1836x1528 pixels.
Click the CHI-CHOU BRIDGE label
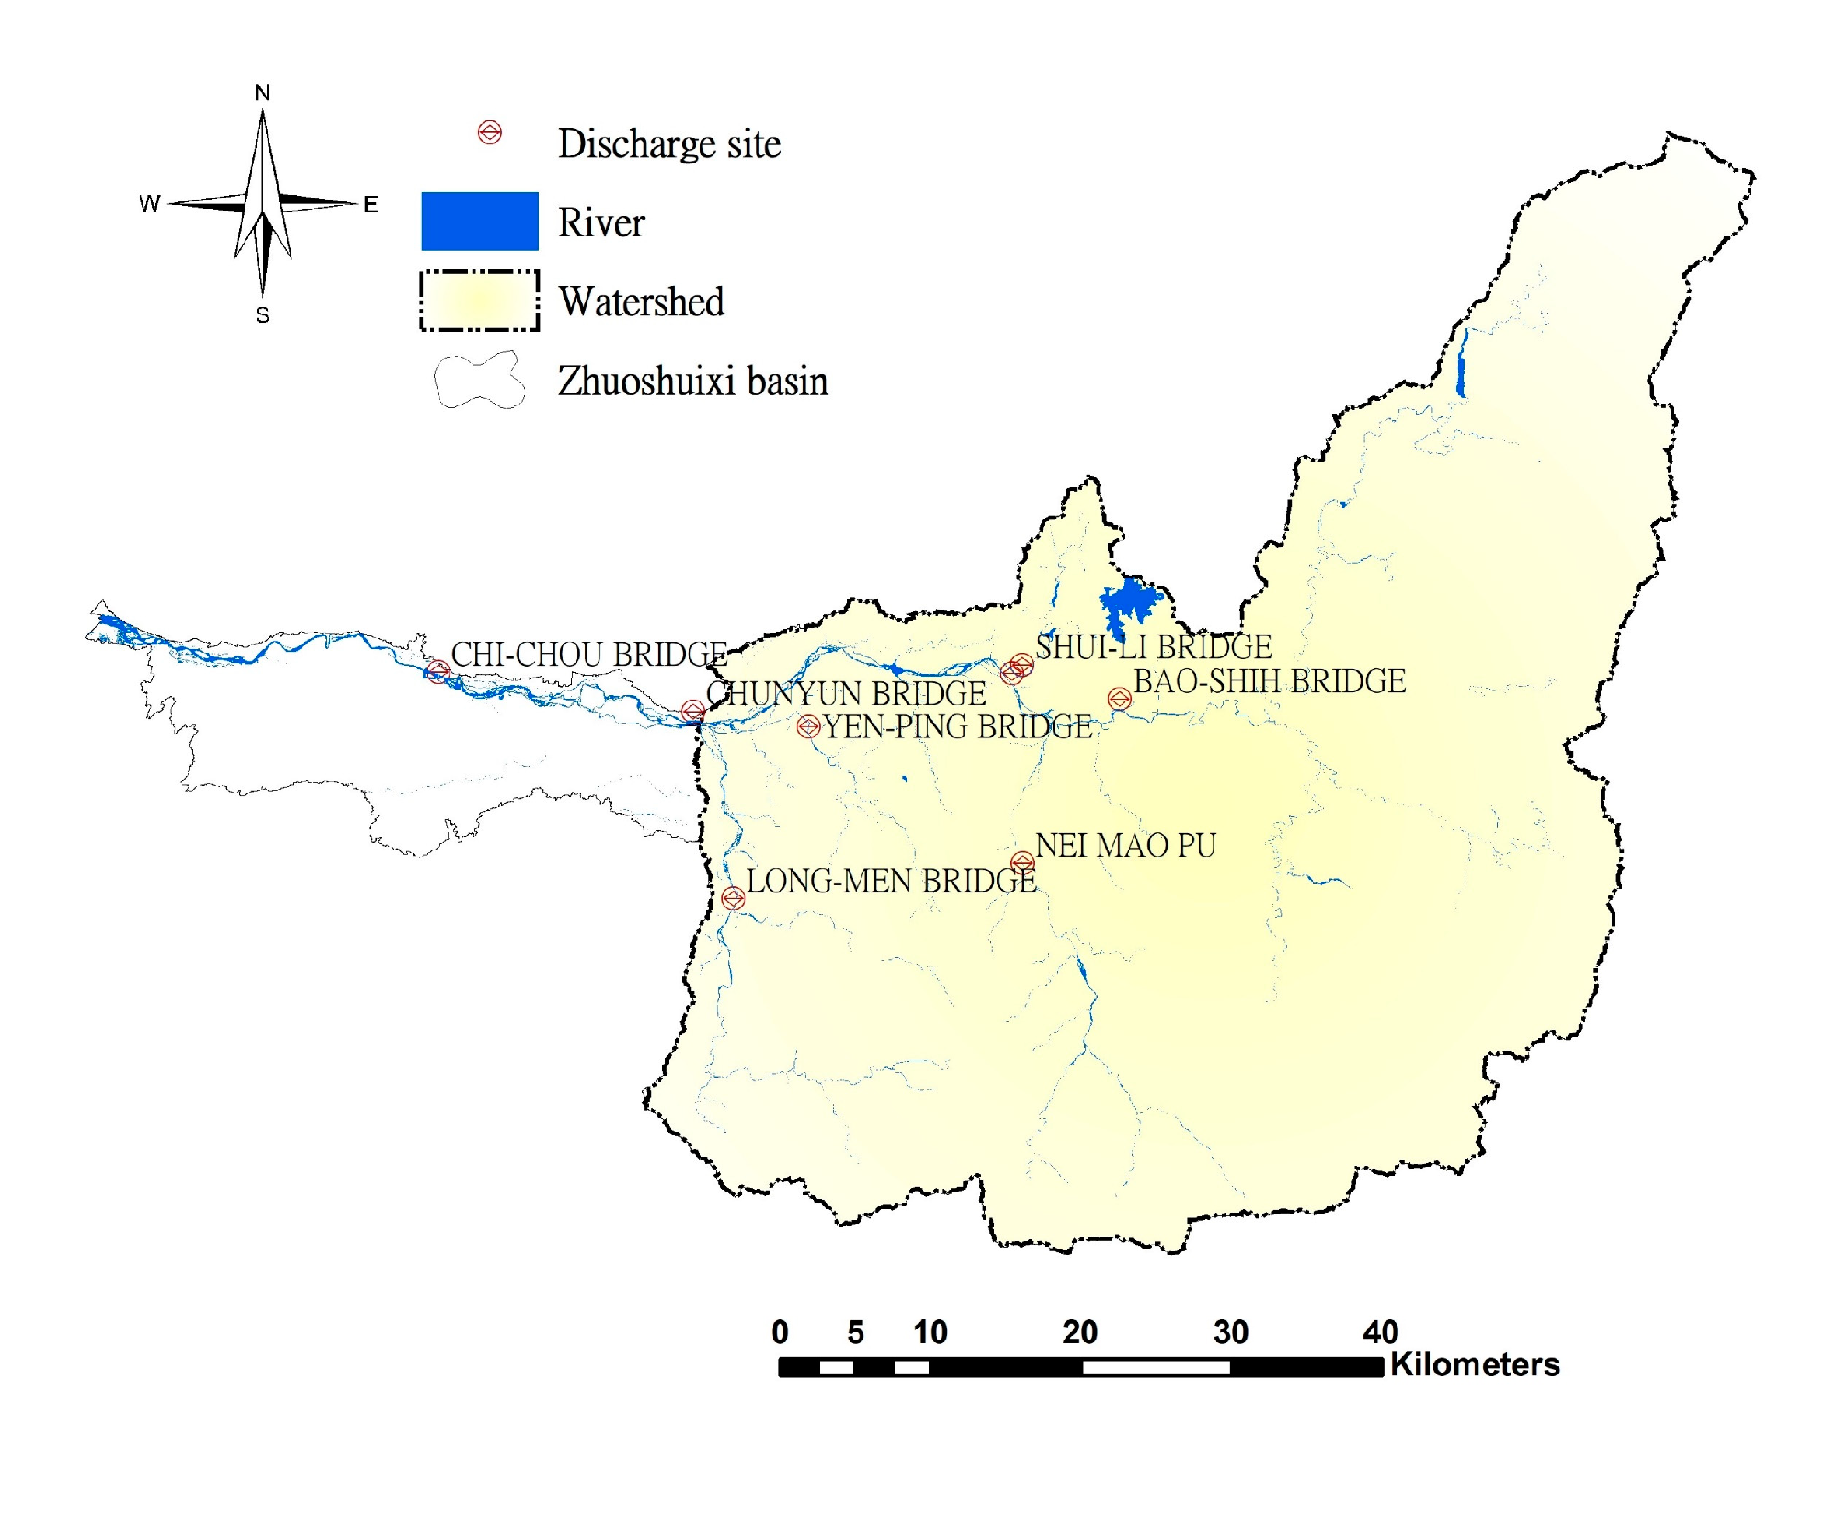[x=588, y=655]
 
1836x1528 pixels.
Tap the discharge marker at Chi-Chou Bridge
[x=438, y=671]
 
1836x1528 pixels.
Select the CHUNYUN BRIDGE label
[x=846, y=694]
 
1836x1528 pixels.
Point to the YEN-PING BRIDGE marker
[x=808, y=727]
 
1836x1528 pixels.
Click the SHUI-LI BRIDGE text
[x=1154, y=647]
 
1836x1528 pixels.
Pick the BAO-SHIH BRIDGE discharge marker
[x=1119, y=699]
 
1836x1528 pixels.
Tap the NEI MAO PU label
[x=1125, y=846]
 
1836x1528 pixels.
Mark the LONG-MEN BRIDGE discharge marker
[x=733, y=898]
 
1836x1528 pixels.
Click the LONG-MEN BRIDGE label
[x=891, y=881]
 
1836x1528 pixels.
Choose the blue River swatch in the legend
[x=480, y=222]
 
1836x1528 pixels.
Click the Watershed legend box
[x=480, y=301]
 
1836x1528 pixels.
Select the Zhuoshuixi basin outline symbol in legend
[x=480, y=381]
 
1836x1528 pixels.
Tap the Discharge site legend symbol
[x=490, y=133]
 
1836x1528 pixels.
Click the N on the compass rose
[x=263, y=93]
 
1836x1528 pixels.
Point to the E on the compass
[x=371, y=204]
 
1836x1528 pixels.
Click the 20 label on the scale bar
[x=1080, y=1332]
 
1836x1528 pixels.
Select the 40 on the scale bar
[x=1380, y=1332]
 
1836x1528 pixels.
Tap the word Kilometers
[x=1475, y=1365]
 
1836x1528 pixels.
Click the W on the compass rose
[x=149, y=204]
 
